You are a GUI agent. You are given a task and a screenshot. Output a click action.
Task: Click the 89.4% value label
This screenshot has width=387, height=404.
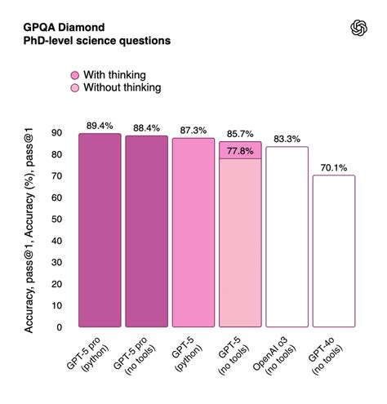pos(99,125)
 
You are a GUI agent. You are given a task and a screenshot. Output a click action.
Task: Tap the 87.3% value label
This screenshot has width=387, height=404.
pos(193,129)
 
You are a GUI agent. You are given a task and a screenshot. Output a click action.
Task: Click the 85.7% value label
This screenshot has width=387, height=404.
pos(240,132)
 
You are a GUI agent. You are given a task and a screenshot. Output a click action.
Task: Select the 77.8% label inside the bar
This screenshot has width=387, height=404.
pos(240,150)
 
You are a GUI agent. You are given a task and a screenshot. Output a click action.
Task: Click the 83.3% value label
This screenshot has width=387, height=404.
pos(287,138)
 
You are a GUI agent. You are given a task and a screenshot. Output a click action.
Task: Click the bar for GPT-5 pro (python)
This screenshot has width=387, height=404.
pos(99,233)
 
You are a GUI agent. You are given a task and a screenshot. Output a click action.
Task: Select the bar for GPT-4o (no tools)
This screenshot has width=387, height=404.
pos(333,253)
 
